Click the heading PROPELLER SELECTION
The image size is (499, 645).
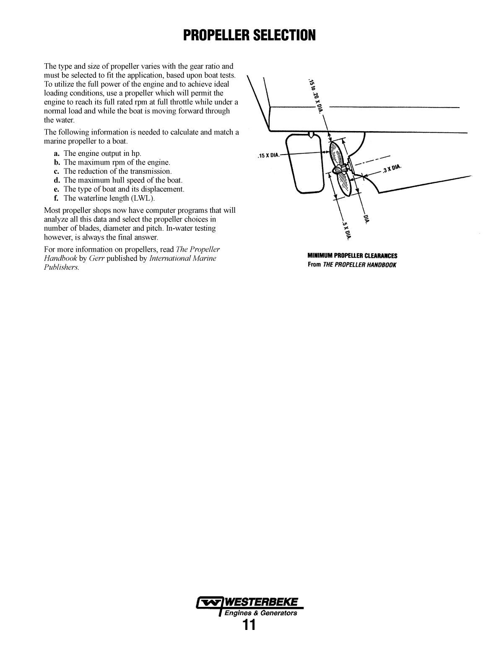(x=249, y=36)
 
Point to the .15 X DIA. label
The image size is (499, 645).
(x=268, y=155)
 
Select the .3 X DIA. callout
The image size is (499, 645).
(x=392, y=169)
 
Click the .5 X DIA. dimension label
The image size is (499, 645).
(x=346, y=230)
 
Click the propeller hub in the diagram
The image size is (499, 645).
(x=340, y=169)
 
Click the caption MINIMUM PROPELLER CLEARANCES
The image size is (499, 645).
(x=352, y=255)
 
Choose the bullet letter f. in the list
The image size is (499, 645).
(x=56, y=198)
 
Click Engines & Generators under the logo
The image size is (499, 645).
(x=261, y=613)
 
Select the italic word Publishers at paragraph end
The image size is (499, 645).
(x=61, y=267)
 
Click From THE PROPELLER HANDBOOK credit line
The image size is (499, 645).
(x=352, y=265)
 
